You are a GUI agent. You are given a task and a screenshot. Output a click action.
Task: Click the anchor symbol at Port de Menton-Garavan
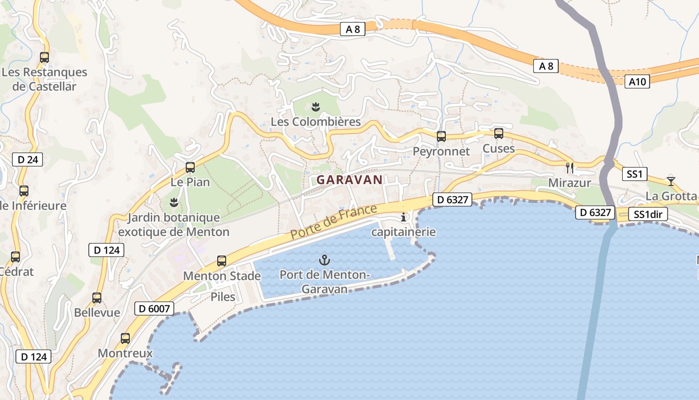click(x=325, y=260)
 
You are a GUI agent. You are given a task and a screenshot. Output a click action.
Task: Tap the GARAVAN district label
click(x=349, y=179)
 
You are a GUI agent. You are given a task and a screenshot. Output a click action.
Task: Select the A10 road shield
click(x=637, y=82)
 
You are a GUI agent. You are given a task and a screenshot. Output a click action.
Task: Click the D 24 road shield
click(x=27, y=160)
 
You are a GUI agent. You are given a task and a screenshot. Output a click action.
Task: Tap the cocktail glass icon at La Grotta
click(x=671, y=180)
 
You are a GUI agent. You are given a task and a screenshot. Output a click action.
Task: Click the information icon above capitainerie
click(x=403, y=217)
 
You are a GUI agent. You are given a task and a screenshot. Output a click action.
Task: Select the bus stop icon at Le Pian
click(x=190, y=167)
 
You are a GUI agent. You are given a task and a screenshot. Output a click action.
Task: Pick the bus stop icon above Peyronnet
click(x=441, y=136)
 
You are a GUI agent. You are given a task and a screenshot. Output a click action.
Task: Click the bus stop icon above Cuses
click(x=499, y=133)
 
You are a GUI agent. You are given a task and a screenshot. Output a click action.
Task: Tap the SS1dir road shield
click(x=648, y=214)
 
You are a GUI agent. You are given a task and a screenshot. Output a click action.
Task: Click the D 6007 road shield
click(x=154, y=308)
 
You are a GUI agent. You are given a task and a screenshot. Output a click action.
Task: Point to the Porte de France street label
click(x=334, y=221)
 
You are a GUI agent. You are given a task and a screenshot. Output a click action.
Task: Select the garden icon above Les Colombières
click(x=316, y=106)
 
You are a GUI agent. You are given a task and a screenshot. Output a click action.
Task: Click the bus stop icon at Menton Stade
click(x=222, y=260)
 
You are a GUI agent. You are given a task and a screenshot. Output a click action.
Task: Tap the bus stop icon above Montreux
click(x=125, y=338)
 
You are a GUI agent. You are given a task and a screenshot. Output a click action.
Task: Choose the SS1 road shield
click(x=634, y=174)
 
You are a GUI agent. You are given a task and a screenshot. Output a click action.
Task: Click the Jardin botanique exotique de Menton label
click(x=174, y=224)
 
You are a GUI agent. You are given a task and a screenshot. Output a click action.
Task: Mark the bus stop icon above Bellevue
click(x=97, y=298)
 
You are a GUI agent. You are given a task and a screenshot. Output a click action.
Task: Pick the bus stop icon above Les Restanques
click(x=44, y=57)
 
